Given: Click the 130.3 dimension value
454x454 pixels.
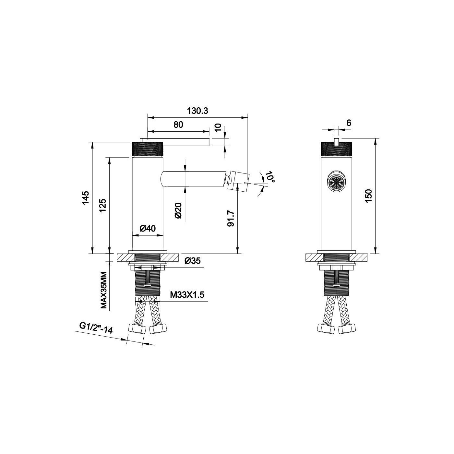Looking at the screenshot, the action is [x=197, y=111].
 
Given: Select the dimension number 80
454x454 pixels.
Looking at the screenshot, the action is [x=178, y=125].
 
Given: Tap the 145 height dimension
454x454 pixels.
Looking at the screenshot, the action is [x=86, y=197].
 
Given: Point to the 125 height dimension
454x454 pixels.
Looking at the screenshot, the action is [x=103, y=205].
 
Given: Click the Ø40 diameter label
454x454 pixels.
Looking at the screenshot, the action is [x=148, y=228].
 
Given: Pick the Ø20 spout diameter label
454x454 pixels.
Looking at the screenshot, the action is [x=179, y=210].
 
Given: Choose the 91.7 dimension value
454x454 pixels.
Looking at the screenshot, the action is [x=231, y=218].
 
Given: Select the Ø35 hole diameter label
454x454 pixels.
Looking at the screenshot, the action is [x=193, y=261].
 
